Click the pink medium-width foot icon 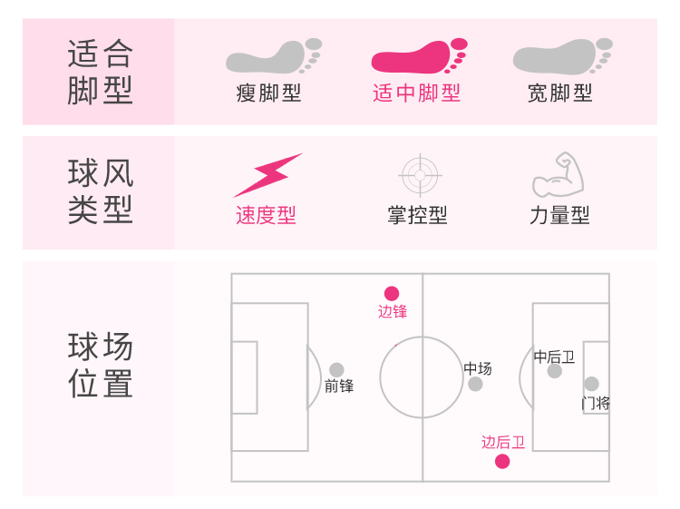418,57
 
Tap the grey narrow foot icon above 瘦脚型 272,56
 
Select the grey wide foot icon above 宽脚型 561,56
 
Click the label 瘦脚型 268,93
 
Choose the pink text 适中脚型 416,93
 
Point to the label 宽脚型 560,93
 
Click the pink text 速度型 266,215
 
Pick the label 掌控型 417,215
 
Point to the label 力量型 559,215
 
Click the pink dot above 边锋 392,293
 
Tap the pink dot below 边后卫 502,462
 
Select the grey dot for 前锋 336,369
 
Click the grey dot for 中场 475,384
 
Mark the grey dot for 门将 591,384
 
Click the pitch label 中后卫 554,357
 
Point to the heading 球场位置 100,365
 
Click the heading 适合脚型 100,72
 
